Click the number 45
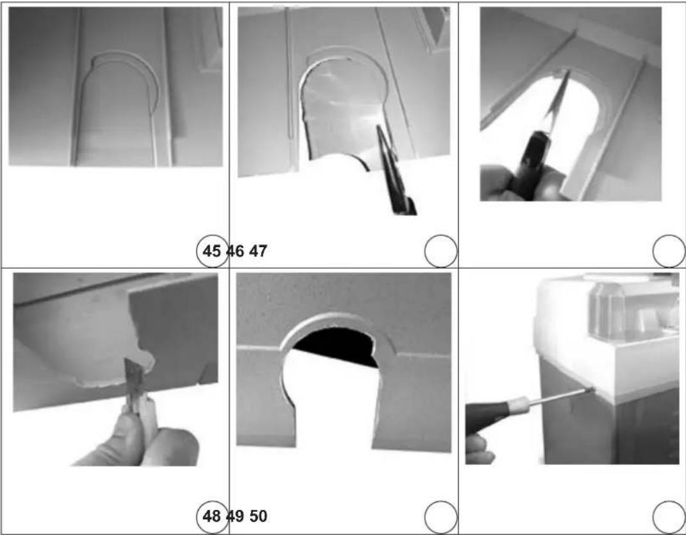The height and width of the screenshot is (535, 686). tap(212, 251)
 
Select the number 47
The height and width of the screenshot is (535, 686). tap(258, 251)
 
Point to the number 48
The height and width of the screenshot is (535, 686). tap(212, 516)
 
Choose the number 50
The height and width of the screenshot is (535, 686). tap(258, 516)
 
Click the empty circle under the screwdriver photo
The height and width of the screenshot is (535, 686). tap(669, 518)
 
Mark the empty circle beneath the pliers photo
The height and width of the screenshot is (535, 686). tap(440, 251)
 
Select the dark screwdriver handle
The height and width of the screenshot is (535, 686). tap(488, 414)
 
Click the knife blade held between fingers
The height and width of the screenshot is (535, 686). tap(131, 377)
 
